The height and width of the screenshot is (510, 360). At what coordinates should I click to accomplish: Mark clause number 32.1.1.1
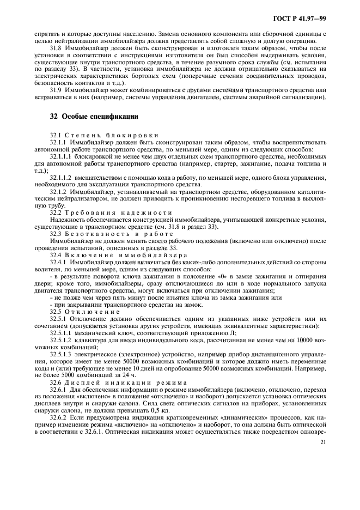(60, 156)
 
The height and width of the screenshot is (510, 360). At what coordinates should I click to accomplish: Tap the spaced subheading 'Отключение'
(90, 312)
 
